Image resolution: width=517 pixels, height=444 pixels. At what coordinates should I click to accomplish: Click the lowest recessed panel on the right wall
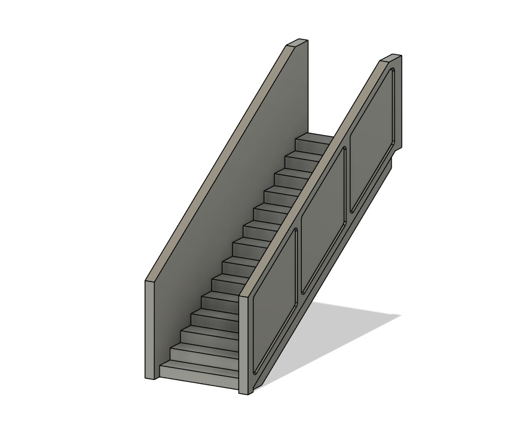click(x=275, y=305)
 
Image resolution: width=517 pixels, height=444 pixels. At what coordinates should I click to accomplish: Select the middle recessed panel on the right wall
click(x=323, y=221)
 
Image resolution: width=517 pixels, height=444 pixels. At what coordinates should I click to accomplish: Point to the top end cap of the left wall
click(x=297, y=42)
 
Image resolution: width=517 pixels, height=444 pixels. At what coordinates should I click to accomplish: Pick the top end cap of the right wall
click(x=391, y=57)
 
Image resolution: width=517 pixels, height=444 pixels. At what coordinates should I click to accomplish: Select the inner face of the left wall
click(x=239, y=179)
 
